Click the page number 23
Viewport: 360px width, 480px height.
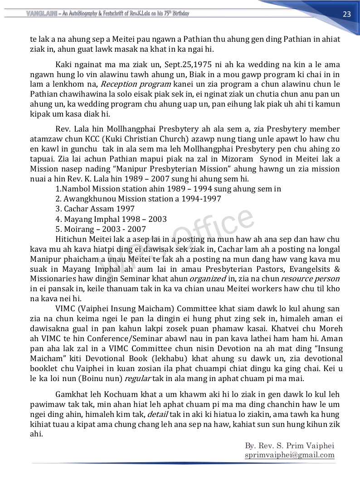click(x=347, y=14)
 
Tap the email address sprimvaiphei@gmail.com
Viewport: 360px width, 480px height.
click(x=289, y=455)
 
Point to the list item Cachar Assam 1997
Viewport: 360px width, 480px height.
click(x=95, y=209)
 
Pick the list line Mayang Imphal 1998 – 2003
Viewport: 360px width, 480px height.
click(x=111, y=219)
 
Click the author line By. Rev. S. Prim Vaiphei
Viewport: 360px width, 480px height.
click(x=289, y=446)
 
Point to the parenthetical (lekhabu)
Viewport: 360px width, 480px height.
click(x=168, y=358)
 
